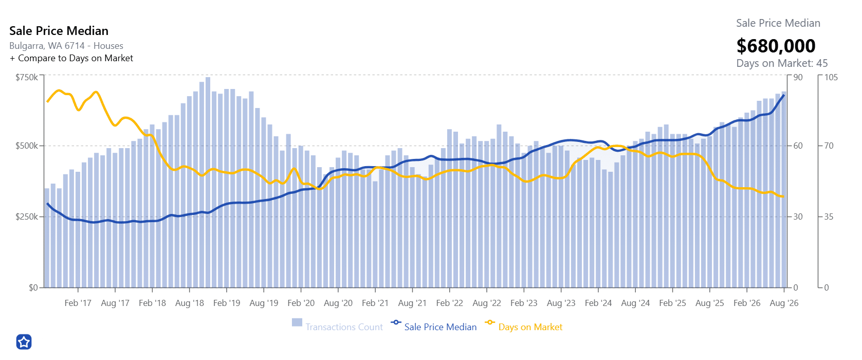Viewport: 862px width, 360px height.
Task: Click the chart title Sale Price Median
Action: click(x=59, y=31)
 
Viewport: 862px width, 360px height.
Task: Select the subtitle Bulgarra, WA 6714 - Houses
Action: click(x=66, y=46)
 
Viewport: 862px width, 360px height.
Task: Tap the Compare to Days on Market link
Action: click(x=71, y=58)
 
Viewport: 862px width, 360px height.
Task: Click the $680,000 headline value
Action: click(x=776, y=46)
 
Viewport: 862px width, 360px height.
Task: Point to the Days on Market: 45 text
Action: click(x=782, y=63)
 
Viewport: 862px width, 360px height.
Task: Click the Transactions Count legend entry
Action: click(x=338, y=327)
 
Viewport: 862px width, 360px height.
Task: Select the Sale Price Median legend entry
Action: click(x=434, y=327)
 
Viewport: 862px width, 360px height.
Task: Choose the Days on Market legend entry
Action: click(x=524, y=327)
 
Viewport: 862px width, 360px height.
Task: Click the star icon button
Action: click(x=24, y=342)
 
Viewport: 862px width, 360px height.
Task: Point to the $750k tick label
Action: click(x=27, y=77)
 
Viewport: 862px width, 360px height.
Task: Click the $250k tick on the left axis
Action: click(x=27, y=217)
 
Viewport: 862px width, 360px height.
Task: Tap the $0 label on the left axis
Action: click(x=33, y=287)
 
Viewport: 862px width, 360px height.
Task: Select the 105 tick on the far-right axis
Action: click(x=831, y=77)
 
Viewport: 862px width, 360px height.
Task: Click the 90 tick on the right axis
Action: click(x=798, y=77)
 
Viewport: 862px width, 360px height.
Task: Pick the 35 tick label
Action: click(x=829, y=217)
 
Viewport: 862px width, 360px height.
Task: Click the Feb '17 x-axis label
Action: click(x=78, y=303)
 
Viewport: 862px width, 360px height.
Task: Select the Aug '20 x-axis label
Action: click(x=338, y=303)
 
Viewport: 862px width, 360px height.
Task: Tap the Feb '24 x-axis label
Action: click(x=598, y=303)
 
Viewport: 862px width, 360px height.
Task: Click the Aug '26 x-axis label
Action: click(x=784, y=303)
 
